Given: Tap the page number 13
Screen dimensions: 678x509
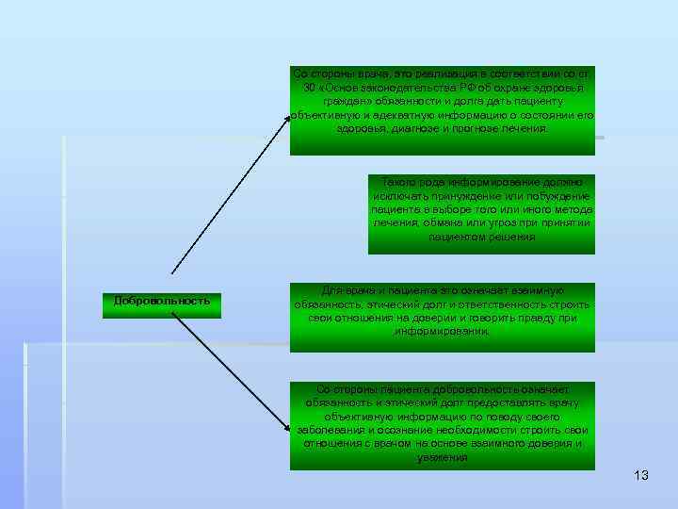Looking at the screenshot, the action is click(x=641, y=475).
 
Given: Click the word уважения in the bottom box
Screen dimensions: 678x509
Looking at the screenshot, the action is click(x=443, y=457).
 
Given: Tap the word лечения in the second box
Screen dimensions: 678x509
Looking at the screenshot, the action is click(x=395, y=223).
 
